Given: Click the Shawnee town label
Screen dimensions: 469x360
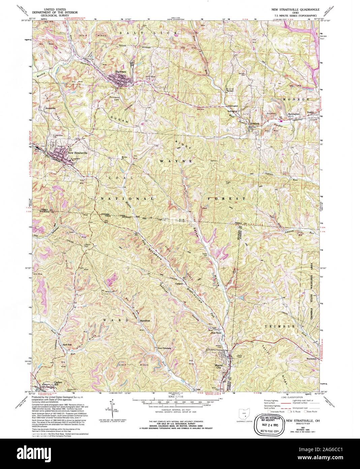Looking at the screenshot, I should pyautogui.click(x=120, y=72).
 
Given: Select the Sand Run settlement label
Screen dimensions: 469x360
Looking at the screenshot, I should pyautogui.click(x=67, y=344).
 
